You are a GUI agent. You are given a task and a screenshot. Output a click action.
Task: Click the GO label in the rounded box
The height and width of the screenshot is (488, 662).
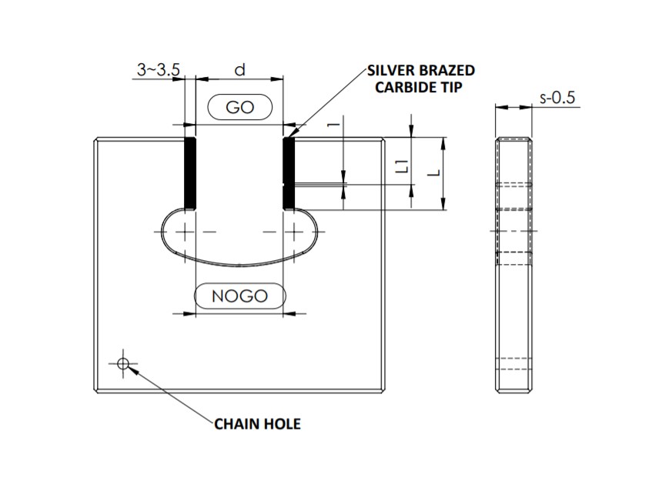click(240, 107)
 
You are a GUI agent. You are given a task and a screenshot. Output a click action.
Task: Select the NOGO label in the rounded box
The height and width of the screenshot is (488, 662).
click(240, 296)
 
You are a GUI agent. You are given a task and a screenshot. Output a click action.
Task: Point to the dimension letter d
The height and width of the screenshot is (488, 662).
click(240, 70)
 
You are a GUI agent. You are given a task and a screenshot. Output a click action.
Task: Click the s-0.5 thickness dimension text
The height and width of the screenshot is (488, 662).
click(557, 98)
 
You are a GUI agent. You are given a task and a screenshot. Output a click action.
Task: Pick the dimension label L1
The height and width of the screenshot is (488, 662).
click(399, 164)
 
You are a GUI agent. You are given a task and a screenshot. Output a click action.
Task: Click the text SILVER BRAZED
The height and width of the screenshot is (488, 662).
click(420, 71)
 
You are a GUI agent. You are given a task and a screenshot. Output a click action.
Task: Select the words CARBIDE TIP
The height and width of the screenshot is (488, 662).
click(418, 87)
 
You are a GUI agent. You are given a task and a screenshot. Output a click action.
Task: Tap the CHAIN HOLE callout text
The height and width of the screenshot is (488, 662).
click(257, 424)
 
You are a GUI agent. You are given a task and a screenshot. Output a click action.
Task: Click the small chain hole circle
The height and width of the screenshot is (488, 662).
click(122, 363)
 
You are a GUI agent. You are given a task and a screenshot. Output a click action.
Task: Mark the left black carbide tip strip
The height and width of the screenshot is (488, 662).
click(191, 173)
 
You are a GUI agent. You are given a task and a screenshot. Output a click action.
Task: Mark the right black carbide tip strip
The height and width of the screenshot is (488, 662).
click(289, 173)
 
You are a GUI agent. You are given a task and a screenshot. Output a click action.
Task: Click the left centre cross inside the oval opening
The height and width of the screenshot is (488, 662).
click(186, 231)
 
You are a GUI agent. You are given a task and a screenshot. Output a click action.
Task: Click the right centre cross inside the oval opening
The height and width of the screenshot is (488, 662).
click(293, 231)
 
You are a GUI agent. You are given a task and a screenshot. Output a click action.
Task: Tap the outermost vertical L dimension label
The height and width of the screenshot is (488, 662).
click(436, 173)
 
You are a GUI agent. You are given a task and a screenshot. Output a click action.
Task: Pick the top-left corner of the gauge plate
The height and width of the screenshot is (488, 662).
click(95, 139)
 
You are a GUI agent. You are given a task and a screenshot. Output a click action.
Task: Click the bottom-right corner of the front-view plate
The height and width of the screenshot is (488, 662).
click(387, 390)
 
